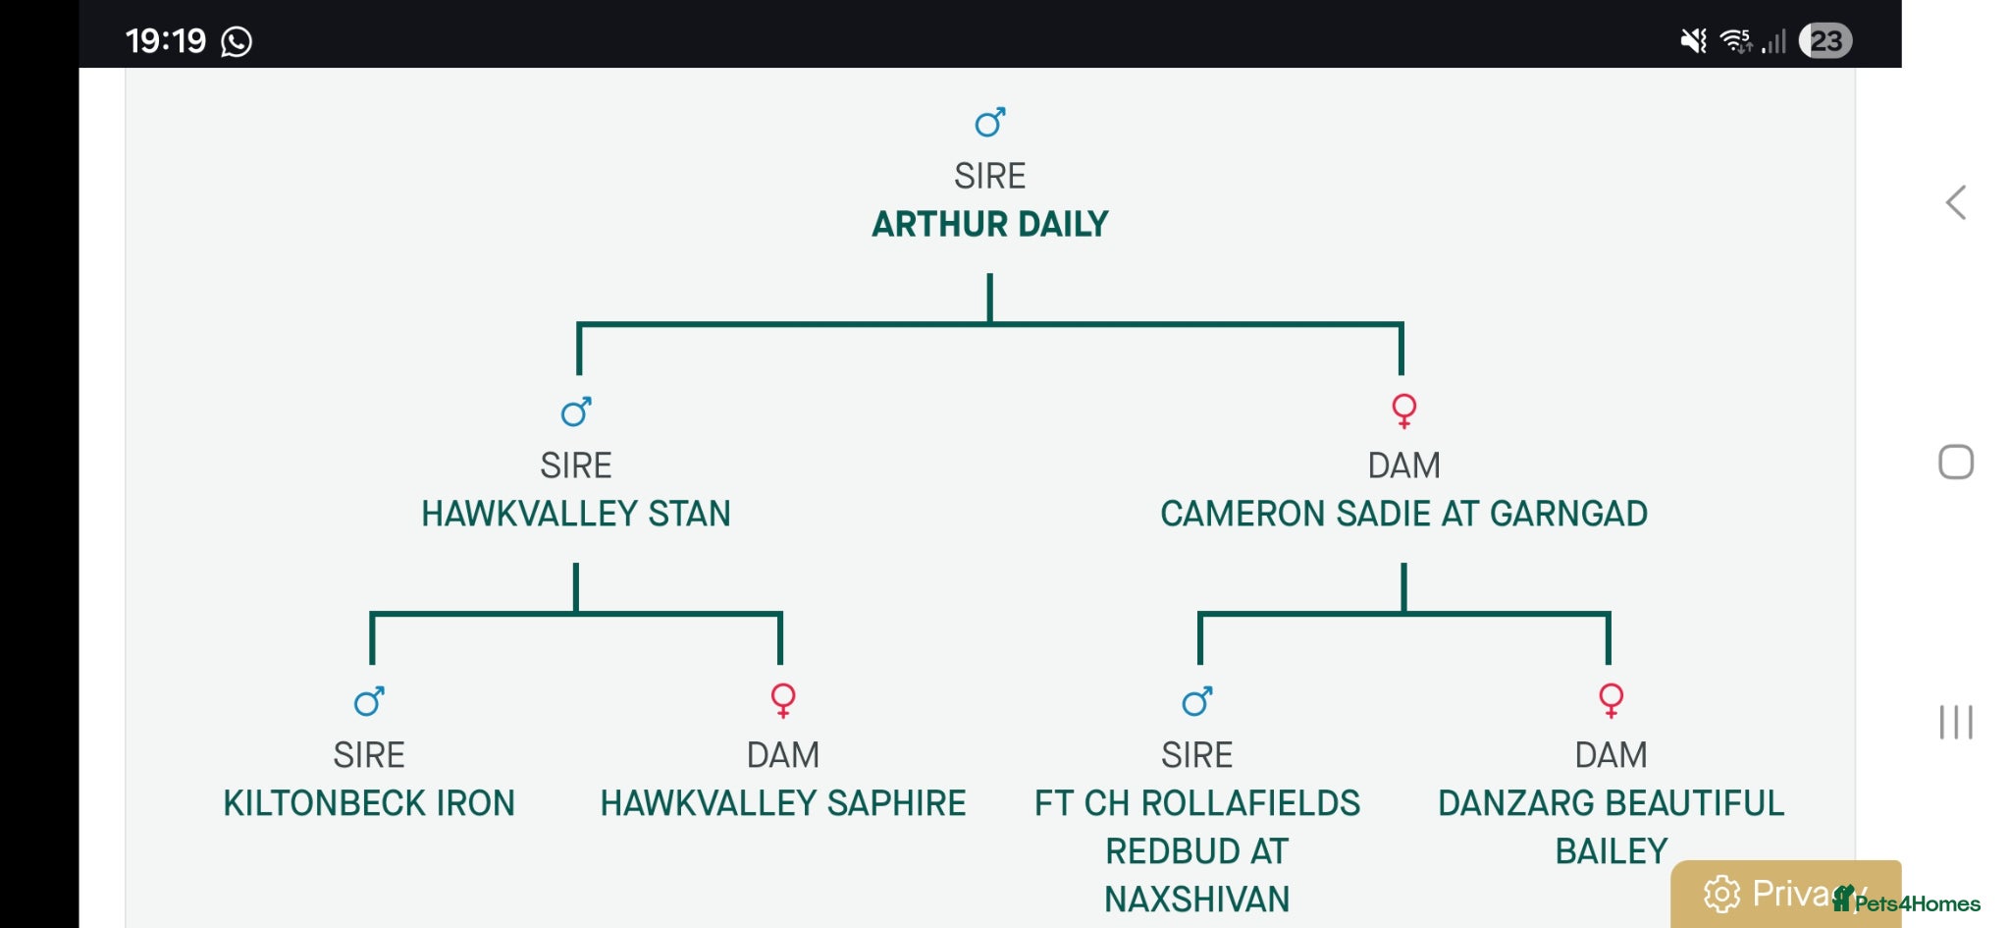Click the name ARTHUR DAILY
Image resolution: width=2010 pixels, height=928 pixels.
click(989, 224)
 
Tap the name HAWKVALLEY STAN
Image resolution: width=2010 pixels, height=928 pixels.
click(576, 514)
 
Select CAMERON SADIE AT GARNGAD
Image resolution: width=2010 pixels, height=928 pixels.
click(1403, 514)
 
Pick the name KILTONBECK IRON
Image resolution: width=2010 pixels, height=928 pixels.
click(369, 803)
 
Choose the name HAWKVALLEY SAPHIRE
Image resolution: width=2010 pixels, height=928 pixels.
click(783, 803)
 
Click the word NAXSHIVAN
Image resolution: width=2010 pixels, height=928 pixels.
click(1197, 900)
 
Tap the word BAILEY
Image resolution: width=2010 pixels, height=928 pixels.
click(1612, 851)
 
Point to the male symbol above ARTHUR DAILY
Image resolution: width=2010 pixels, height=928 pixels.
click(989, 123)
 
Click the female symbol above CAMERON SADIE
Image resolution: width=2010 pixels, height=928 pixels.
click(1404, 410)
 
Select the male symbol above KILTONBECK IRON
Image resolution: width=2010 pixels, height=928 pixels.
click(369, 701)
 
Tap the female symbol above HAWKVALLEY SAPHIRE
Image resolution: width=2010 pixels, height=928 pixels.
click(783, 700)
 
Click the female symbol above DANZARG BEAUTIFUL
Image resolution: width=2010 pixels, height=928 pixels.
click(1612, 700)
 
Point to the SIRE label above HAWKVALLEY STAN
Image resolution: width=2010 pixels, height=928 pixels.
click(576, 465)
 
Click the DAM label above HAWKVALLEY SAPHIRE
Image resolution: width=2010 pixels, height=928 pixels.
click(783, 755)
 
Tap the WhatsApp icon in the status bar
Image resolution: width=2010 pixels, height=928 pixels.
click(237, 41)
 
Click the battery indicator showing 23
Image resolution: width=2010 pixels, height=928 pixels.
click(1825, 40)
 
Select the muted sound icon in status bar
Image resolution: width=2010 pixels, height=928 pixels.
click(1693, 40)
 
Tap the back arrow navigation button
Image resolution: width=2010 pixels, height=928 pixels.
click(1955, 202)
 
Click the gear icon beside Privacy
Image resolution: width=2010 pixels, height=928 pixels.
click(1721, 894)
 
